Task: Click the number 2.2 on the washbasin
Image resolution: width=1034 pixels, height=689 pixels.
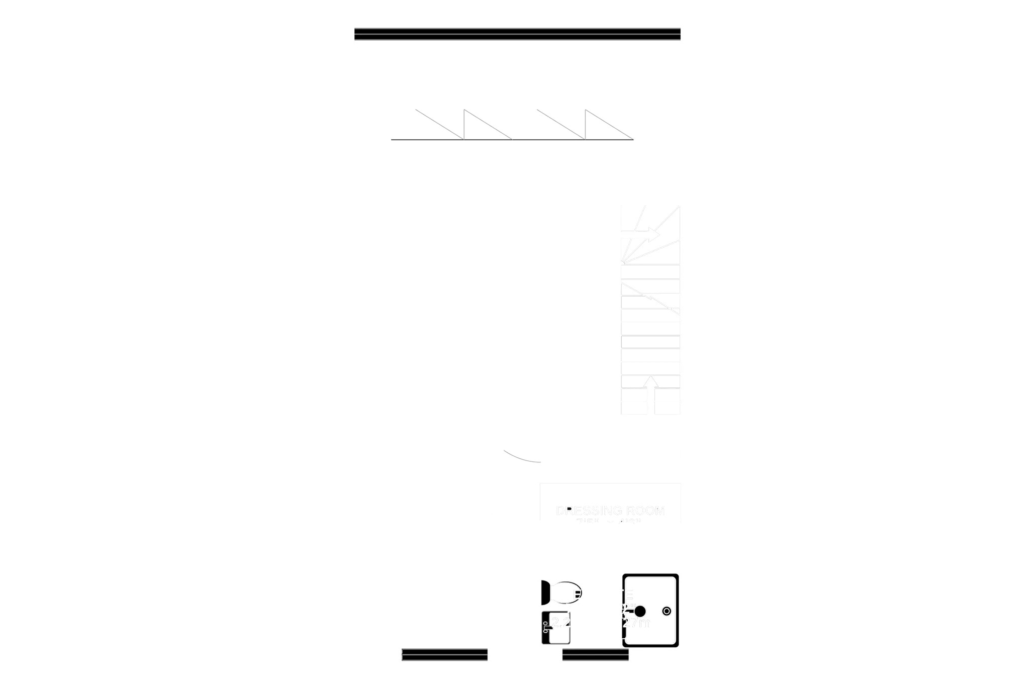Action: (x=560, y=622)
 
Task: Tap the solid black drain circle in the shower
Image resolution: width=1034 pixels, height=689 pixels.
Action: (x=640, y=611)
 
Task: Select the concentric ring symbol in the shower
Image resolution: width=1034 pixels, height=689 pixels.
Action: (x=667, y=611)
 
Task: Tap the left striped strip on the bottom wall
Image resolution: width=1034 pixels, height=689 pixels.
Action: (x=444, y=655)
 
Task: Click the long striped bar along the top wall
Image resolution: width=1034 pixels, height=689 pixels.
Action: (x=517, y=34)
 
